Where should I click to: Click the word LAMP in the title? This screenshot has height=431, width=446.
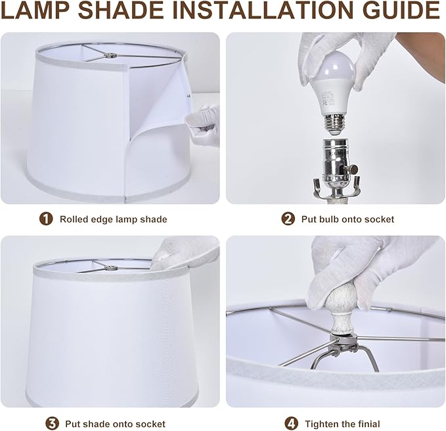(36, 10)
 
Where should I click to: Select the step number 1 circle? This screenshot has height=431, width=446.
(46, 219)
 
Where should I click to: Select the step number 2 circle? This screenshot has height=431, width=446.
(288, 219)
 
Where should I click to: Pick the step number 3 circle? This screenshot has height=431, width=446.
(52, 424)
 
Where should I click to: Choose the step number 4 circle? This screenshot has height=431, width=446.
(292, 424)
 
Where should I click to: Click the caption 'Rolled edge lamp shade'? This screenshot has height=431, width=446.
(113, 219)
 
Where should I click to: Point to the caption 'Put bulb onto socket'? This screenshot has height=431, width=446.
(347, 219)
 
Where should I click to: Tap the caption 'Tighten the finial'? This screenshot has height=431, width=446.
(342, 424)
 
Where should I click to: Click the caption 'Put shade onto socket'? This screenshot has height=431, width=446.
(115, 424)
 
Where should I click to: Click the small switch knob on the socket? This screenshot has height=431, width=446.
(354, 170)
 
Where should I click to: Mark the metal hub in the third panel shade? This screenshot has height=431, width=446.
(111, 267)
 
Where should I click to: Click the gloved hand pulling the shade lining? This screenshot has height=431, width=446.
(202, 125)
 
